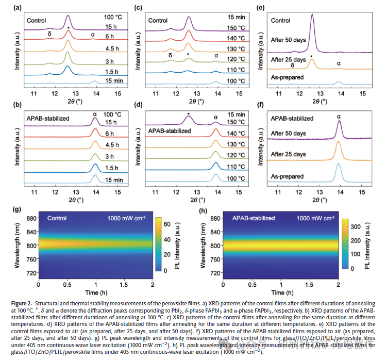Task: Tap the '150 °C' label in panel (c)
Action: pos(230,27)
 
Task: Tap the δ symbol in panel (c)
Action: pos(170,55)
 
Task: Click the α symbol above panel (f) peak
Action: pos(339,117)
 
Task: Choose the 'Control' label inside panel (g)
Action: pos(57,218)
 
